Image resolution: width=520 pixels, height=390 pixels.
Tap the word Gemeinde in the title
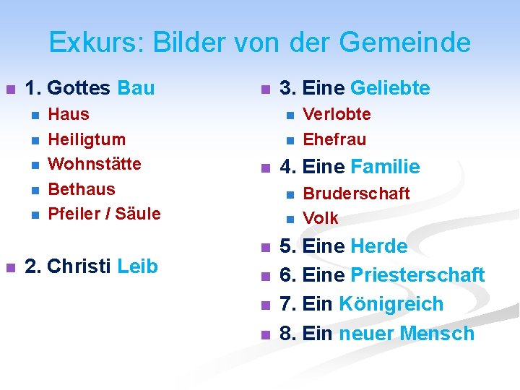[404, 43]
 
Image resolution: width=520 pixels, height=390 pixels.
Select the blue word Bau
[135, 89]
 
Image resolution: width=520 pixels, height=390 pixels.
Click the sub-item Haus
[69, 114]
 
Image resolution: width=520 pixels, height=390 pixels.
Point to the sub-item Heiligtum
[86, 139]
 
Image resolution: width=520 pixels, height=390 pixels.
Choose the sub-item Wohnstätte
[94, 164]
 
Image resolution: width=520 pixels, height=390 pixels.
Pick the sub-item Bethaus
[81, 189]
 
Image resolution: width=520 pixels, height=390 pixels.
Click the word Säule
[138, 214]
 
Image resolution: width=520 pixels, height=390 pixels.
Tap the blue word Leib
[137, 266]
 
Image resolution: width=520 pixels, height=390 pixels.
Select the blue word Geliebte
[390, 89]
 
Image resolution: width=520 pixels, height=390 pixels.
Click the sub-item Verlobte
[337, 114]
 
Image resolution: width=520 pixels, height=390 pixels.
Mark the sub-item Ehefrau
[334, 139]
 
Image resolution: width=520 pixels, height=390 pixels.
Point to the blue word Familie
[385, 168]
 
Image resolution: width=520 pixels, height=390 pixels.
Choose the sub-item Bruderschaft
[356, 194]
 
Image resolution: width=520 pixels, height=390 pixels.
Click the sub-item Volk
[321, 218]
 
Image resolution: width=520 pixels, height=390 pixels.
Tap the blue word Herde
[379, 246]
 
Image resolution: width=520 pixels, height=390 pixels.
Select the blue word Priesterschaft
[417, 275]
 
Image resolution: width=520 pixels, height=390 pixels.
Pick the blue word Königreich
[391, 304]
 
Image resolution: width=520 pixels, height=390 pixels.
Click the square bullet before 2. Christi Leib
[10, 267]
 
